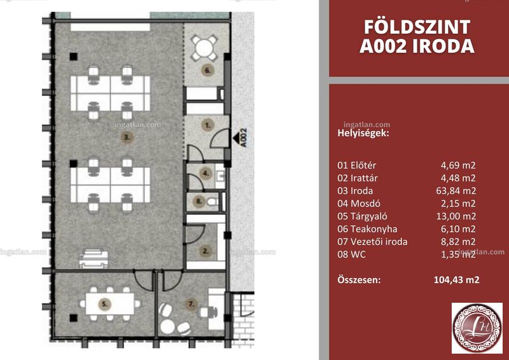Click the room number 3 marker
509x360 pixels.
[127, 137]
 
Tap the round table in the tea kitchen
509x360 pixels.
[204, 48]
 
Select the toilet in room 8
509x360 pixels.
[213, 202]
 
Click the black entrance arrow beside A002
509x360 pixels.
[236, 137]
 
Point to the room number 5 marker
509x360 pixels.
[104, 304]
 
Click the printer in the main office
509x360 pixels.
[94, 259]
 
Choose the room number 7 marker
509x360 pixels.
[191, 304]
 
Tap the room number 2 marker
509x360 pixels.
[205, 251]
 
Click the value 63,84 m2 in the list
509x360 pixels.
[456, 191]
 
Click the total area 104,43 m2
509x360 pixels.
[456, 280]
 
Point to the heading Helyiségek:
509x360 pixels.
[363, 133]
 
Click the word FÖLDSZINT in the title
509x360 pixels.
[417, 27]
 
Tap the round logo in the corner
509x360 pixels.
[477, 328]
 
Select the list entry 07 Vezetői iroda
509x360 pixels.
[372, 242]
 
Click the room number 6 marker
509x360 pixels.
[208, 70]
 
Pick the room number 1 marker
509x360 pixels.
[208, 125]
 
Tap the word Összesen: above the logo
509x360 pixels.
[359, 280]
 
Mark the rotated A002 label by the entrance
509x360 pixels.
[244, 137]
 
